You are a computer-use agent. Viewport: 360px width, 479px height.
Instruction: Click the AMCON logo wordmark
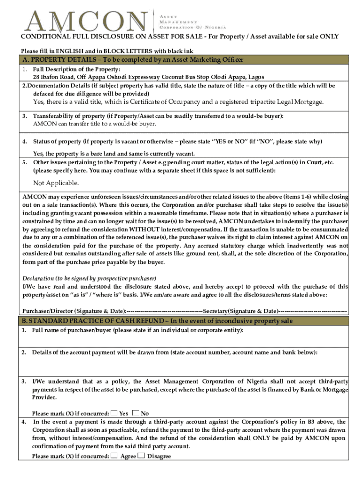tap(88, 22)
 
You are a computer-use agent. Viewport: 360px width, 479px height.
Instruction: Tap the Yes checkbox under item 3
tap(114, 413)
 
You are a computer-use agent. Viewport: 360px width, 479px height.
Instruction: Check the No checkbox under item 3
tap(136, 413)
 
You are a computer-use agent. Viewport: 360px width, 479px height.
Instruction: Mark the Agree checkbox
tap(115, 456)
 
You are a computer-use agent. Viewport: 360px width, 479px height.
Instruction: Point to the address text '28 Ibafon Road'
tap(54, 77)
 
